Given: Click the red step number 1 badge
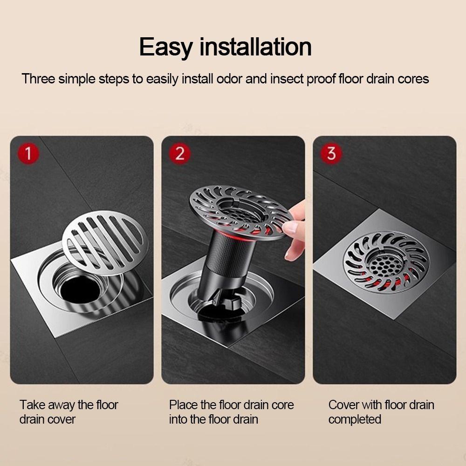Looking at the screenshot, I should point(28,154).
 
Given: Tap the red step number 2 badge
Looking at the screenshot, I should point(180,154).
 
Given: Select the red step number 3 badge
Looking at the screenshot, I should point(331,154).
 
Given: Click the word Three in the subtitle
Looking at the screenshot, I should point(38,78).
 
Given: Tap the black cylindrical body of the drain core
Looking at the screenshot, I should point(224,261).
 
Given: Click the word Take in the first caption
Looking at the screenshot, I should point(33,404).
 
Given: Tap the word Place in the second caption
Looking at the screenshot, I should point(184,404).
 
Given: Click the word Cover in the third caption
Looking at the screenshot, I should point(344,404).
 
